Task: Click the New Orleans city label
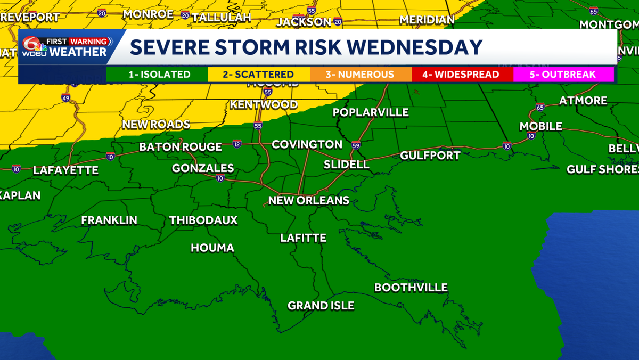point(308,201)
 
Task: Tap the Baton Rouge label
point(181,147)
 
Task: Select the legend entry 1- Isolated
point(159,75)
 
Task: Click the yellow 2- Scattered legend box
point(258,75)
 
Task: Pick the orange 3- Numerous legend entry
point(361,75)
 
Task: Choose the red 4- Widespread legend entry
point(461,75)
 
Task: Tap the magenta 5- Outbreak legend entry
point(562,75)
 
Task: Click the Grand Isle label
point(321,306)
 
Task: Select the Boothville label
point(411,288)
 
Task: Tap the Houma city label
point(212,248)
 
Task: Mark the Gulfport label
point(430,156)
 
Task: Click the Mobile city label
point(541,126)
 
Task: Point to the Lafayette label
point(65,170)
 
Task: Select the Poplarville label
point(371,112)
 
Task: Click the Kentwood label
point(264,104)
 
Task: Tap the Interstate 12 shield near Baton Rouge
point(237,144)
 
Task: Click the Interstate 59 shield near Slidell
point(356,145)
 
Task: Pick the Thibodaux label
point(203,220)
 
